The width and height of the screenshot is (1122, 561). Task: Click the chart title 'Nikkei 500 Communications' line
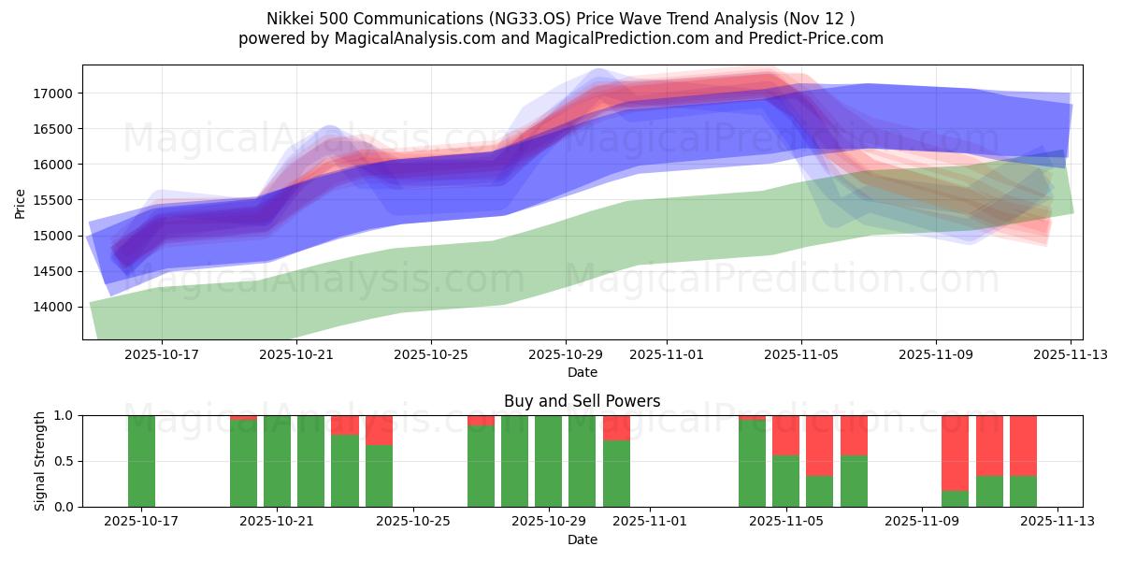(x=560, y=18)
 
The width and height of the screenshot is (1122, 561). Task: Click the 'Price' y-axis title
(x=21, y=202)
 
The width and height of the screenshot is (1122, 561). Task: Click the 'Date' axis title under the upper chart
(x=582, y=372)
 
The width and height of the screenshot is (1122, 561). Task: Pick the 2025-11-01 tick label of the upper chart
(x=667, y=354)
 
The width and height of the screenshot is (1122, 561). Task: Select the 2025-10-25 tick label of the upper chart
(x=430, y=354)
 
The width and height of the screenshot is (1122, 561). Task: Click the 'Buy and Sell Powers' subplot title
(x=582, y=401)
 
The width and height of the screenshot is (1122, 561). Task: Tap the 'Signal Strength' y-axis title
(x=40, y=461)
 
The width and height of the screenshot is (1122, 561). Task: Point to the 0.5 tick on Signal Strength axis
(x=66, y=461)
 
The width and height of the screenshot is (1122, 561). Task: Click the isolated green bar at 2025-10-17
(x=141, y=461)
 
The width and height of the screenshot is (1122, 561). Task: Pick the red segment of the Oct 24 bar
(x=379, y=430)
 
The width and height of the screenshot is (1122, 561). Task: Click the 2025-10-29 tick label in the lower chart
(x=548, y=522)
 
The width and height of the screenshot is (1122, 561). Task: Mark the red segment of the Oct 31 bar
(x=616, y=427)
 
